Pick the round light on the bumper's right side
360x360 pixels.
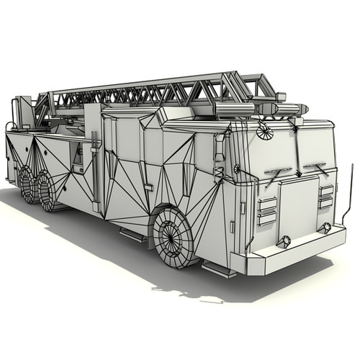[x=327, y=228]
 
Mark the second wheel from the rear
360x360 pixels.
[x=48, y=191]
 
